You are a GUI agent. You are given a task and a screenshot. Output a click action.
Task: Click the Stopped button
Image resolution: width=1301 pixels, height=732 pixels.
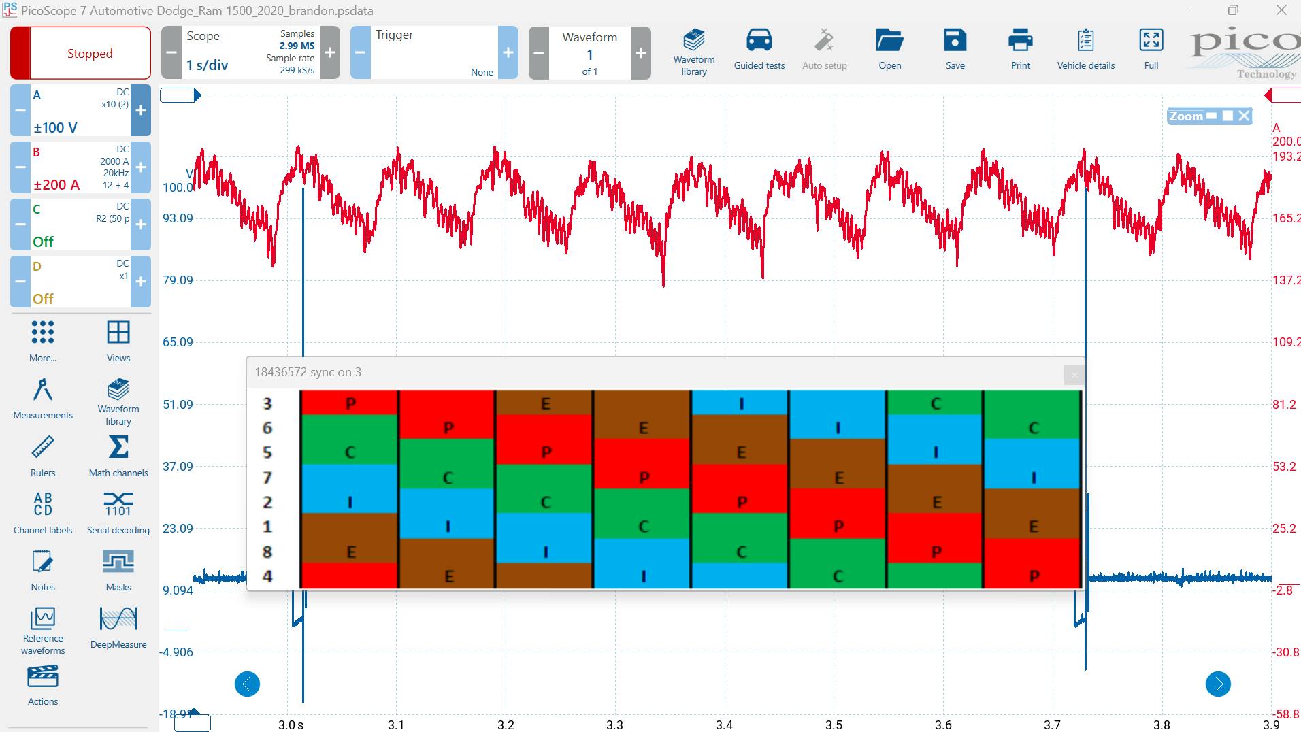(x=89, y=53)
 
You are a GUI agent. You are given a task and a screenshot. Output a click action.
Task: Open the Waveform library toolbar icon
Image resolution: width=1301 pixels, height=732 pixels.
(x=693, y=41)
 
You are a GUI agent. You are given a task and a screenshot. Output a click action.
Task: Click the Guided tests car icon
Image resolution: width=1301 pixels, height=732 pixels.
(x=759, y=41)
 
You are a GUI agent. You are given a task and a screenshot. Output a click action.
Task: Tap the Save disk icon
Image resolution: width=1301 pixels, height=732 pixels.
(x=955, y=41)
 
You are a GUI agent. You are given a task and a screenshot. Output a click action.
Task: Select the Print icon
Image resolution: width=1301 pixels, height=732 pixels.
(x=1020, y=41)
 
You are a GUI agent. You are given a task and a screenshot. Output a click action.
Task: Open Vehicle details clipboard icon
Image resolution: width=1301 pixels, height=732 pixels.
(x=1085, y=41)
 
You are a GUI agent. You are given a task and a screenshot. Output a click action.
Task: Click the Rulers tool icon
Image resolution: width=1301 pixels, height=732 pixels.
(x=43, y=448)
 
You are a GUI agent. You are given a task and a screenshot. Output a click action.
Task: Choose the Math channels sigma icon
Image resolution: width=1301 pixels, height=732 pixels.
(x=118, y=448)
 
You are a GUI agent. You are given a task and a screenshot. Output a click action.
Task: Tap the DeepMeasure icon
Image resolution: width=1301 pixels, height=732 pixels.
(x=118, y=620)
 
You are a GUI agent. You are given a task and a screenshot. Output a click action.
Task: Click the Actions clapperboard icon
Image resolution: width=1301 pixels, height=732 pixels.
(x=43, y=678)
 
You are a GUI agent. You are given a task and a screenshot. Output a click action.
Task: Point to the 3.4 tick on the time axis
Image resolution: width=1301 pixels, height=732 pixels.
(x=724, y=725)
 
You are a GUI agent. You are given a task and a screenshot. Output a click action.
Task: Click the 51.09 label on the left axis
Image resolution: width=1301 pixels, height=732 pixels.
(x=178, y=404)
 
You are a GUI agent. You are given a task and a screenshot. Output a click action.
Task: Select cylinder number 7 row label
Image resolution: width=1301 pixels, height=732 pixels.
(x=267, y=478)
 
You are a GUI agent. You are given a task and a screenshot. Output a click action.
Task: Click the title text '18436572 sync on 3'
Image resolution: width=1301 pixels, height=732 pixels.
(x=308, y=372)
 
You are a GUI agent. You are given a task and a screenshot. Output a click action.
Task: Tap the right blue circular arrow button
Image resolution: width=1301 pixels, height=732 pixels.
(x=1218, y=684)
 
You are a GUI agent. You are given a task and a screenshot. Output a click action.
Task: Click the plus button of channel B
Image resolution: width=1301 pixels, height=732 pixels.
(x=141, y=167)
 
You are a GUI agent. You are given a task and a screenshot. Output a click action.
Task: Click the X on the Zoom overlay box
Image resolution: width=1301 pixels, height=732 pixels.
(x=1244, y=116)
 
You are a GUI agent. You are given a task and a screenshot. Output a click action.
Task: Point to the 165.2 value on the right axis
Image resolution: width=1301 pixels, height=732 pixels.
(x=1285, y=218)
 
